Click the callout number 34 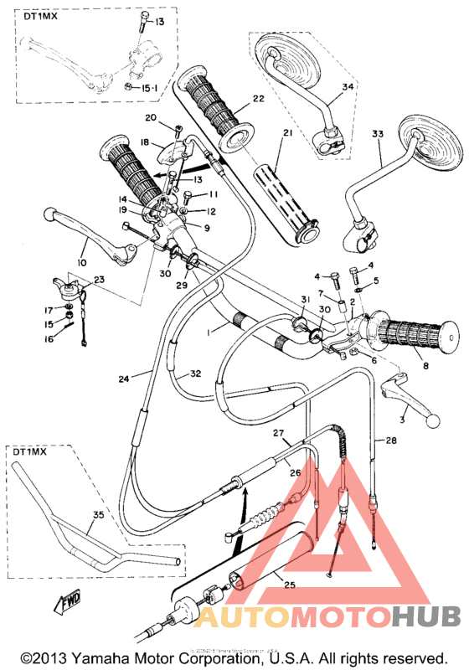348,86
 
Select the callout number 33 378,134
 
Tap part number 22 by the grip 258,99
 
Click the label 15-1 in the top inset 149,86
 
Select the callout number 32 196,374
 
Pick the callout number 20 151,117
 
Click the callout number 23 100,280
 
